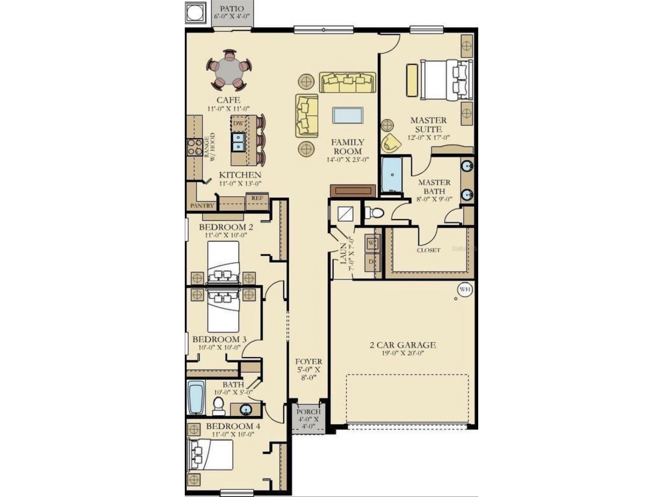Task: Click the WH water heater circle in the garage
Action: pos(465,289)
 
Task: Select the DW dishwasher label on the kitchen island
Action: pos(238,123)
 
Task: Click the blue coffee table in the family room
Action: pos(348,115)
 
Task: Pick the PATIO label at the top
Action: pos(232,9)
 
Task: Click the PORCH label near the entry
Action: pos(308,412)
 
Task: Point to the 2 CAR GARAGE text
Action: pos(403,345)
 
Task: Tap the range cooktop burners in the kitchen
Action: pos(194,147)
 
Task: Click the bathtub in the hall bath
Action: pos(196,397)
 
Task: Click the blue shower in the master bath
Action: pos(392,175)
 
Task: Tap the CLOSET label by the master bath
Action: pos(429,250)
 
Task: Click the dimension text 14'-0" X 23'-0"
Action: pos(347,160)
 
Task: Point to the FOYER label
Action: pos(308,362)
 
